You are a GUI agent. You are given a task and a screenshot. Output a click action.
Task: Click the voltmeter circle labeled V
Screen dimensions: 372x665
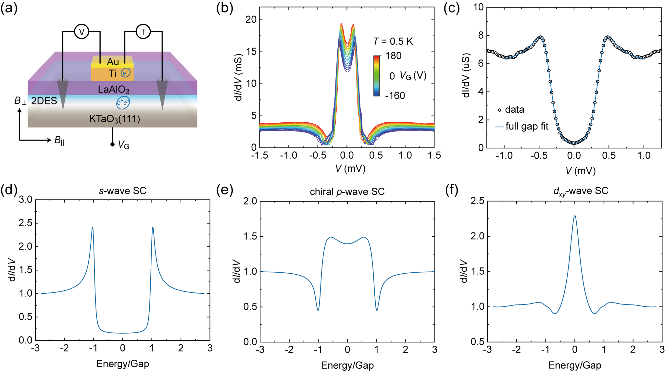click(x=82, y=32)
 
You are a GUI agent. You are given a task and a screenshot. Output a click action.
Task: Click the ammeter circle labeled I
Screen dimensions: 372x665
click(x=143, y=32)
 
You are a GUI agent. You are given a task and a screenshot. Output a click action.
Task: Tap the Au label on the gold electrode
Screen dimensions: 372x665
click(x=113, y=61)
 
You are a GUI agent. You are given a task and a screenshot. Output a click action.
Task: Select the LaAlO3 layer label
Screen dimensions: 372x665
click(x=114, y=89)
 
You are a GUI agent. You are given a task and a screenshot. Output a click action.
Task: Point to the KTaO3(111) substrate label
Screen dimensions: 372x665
click(x=115, y=119)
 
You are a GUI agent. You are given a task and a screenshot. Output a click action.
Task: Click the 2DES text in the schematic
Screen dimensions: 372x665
click(x=44, y=101)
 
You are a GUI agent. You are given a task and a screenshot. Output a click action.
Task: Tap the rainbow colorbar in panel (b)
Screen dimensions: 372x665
click(x=377, y=76)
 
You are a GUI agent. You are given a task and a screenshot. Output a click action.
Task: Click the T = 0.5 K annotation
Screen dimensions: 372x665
click(x=393, y=41)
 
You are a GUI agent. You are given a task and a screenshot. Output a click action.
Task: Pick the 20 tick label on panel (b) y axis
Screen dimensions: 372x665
click(x=251, y=19)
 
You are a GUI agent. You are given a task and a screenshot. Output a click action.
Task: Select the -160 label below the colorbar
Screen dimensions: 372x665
click(x=395, y=96)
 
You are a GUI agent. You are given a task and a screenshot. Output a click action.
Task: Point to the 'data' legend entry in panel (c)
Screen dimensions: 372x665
click(x=514, y=110)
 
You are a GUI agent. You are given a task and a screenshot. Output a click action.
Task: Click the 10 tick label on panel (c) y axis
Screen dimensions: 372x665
click(x=478, y=7)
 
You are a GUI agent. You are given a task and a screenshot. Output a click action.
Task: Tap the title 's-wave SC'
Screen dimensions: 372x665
click(x=122, y=191)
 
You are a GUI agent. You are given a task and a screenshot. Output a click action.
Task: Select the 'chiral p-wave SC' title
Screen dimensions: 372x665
click(x=347, y=192)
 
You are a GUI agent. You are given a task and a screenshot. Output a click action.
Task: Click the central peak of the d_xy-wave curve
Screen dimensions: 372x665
click(x=575, y=216)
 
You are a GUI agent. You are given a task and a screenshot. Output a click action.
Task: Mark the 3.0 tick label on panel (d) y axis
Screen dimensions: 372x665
click(x=25, y=199)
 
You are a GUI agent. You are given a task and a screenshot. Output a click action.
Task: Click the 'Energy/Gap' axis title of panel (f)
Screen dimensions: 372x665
click(x=574, y=366)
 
